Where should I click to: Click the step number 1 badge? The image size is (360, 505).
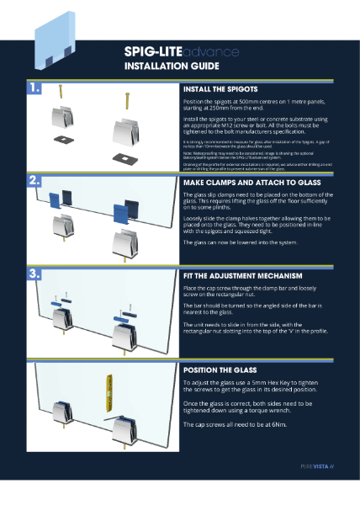(35, 87)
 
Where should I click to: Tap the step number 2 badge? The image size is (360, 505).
(35, 180)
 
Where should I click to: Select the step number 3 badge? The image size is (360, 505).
(35, 274)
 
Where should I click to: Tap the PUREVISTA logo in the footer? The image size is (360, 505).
(317, 465)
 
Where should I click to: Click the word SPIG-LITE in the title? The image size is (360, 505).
(153, 52)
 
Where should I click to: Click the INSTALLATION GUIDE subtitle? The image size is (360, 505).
(172, 65)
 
